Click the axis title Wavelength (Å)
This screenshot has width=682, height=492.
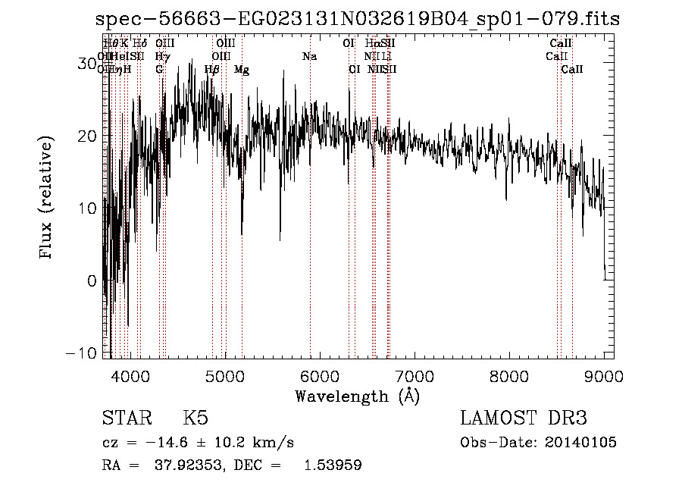click(x=357, y=396)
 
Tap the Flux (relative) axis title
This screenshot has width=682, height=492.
click(x=48, y=199)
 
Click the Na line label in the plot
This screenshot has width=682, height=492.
click(x=309, y=57)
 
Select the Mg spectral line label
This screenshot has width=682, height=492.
click(x=242, y=70)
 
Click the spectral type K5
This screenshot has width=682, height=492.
click(x=196, y=418)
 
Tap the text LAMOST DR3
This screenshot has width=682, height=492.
click(x=524, y=418)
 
